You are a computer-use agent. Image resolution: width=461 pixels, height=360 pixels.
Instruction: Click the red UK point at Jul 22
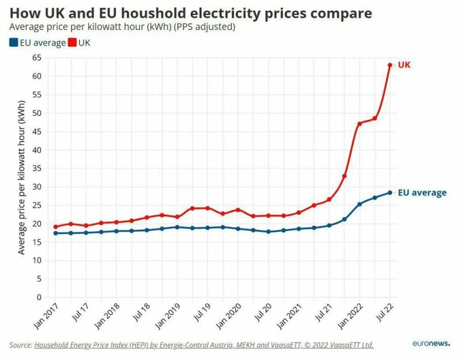coord(390,65)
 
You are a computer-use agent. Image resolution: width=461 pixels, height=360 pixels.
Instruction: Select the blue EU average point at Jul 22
coord(390,193)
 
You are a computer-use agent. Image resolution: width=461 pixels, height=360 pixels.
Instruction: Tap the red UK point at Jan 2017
coord(56,227)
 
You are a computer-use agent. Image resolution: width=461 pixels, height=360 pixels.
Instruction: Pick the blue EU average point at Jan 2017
coord(56,233)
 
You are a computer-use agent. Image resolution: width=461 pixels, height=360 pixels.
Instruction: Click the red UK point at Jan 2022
coord(360,124)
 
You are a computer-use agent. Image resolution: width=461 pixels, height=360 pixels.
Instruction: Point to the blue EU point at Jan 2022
coord(360,204)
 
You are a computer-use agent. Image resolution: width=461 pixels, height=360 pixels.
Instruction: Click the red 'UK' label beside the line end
coord(405,64)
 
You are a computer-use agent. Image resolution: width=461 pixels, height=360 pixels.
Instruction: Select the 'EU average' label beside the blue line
coord(423,193)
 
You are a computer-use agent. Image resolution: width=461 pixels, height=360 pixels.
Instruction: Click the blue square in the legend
coord(14,43)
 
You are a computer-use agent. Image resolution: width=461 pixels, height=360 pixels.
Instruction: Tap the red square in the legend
coord(73,43)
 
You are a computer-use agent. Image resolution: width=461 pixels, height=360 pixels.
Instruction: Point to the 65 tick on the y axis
coord(37,58)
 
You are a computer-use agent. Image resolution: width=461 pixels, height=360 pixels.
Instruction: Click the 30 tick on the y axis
coord(37,187)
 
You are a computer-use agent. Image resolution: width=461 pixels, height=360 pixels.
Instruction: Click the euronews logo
coord(431,344)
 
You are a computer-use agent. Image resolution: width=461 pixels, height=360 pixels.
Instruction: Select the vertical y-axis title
coord(22,177)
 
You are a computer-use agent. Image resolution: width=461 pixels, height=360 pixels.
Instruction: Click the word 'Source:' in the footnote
coord(20,345)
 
